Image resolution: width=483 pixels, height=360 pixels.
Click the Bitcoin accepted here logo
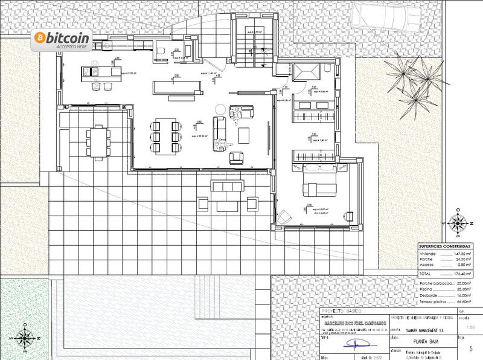click(62, 40)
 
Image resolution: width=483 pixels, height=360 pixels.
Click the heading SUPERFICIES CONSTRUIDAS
click(446, 247)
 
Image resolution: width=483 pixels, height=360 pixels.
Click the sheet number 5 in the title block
click(470, 349)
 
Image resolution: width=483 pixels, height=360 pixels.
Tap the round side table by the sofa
click(237, 109)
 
